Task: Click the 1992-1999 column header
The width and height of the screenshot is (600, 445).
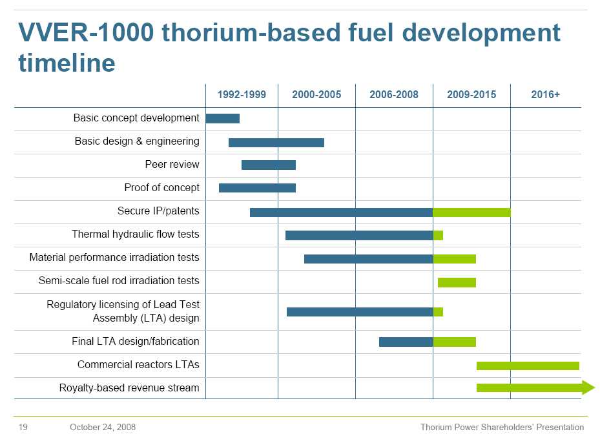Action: pyautogui.click(x=242, y=95)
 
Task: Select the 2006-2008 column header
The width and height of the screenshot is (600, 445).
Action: pyautogui.click(x=394, y=95)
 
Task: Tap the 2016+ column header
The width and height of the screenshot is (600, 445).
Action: pyautogui.click(x=545, y=95)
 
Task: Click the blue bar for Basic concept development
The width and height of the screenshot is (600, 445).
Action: pyautogui.click(x=222, y=118)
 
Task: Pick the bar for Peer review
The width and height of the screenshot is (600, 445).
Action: pyautogui.click(x=269, y=165)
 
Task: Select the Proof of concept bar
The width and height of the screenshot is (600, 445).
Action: pyautogui.click(x=257, y=188)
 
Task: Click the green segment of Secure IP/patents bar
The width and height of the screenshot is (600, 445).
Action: pyautogui.click(x=471, y=212)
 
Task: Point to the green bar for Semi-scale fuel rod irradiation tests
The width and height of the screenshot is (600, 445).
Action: pyautogui.click(x=457, y=282)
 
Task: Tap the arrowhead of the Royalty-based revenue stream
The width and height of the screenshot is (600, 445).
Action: pyautogui.click(x=588, y=388)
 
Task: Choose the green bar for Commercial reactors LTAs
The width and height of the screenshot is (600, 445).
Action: pyautogui.click(x=528, y=366)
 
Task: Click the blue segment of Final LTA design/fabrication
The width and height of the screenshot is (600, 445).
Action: pyautogui.click(x=406, y=342)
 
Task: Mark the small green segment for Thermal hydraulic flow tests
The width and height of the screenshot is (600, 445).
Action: pyautogui.click(x=438, y=235)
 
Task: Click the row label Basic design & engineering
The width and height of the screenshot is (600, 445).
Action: pyautogui.click(x=137, y=141)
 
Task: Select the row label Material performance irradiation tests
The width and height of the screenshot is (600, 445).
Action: pyautogui.click(x=114, y=258)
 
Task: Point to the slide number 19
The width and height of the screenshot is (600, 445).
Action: pyautogui.click(x=23, y=428)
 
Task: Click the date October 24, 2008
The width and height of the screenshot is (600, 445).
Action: pyautogui.click(x=103, y=428)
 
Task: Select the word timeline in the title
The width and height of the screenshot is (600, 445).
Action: pyautogui.click(x=67, y=63)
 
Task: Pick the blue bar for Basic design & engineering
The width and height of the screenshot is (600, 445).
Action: pyautogui.click(x=276, y=142)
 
